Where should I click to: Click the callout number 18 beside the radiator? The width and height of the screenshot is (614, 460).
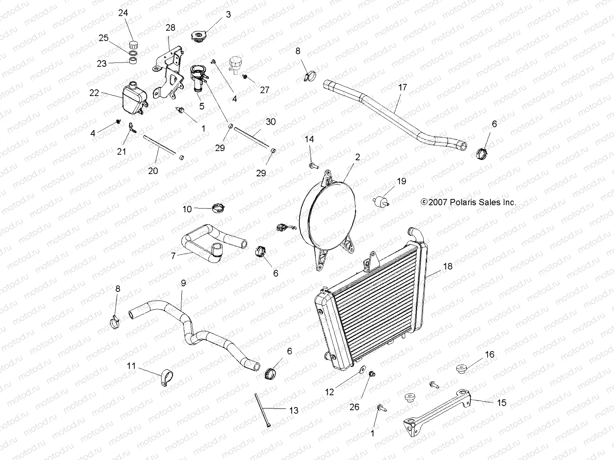pos(447,266)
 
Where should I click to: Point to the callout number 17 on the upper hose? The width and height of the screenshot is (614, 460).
pos(402,87)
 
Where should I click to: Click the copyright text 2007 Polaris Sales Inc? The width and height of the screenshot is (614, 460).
pos(468,202)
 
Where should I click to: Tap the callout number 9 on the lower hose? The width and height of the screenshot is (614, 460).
pos(183,283)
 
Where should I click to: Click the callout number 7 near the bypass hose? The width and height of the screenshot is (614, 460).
pos(173,255)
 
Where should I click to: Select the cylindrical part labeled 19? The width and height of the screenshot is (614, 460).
pos(381,201)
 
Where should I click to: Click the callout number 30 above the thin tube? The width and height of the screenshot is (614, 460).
pos(271,122)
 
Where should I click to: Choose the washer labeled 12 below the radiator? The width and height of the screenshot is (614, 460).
pos(361,371)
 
